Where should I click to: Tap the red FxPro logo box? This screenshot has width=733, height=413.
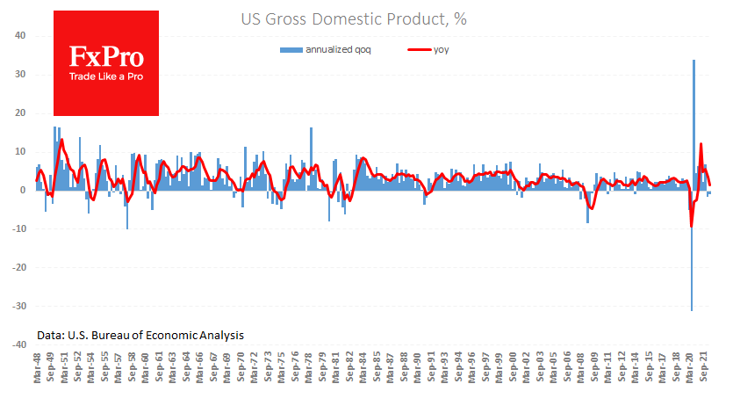coord(106,63)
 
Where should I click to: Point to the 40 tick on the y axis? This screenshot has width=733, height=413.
coord(20,36)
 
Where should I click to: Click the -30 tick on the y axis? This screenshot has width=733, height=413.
coord(18,307)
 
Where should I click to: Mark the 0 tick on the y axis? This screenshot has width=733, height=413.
coord(23,191)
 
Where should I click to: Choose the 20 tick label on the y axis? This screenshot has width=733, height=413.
coord(20,113)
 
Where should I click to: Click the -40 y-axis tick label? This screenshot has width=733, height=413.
coord(18,345)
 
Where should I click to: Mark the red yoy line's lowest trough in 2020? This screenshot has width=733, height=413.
coord(692,226)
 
